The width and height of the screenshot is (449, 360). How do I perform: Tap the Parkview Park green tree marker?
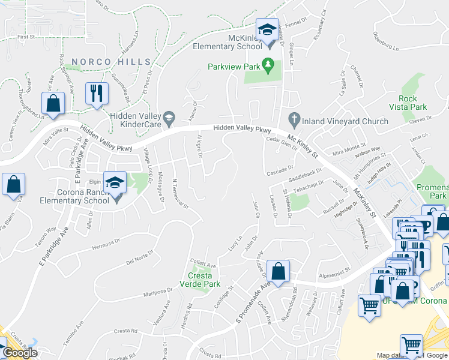tap(268, 64)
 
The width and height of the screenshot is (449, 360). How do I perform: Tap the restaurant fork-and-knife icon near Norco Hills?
tap(96, 93)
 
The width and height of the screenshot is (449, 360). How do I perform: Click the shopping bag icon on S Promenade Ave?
tap(279, 271)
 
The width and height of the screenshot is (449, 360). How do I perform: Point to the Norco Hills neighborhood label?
tap(111, 62)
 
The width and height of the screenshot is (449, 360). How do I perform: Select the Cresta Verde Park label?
tap(200, 280)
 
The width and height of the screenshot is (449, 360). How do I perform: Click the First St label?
tap(26, 37)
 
